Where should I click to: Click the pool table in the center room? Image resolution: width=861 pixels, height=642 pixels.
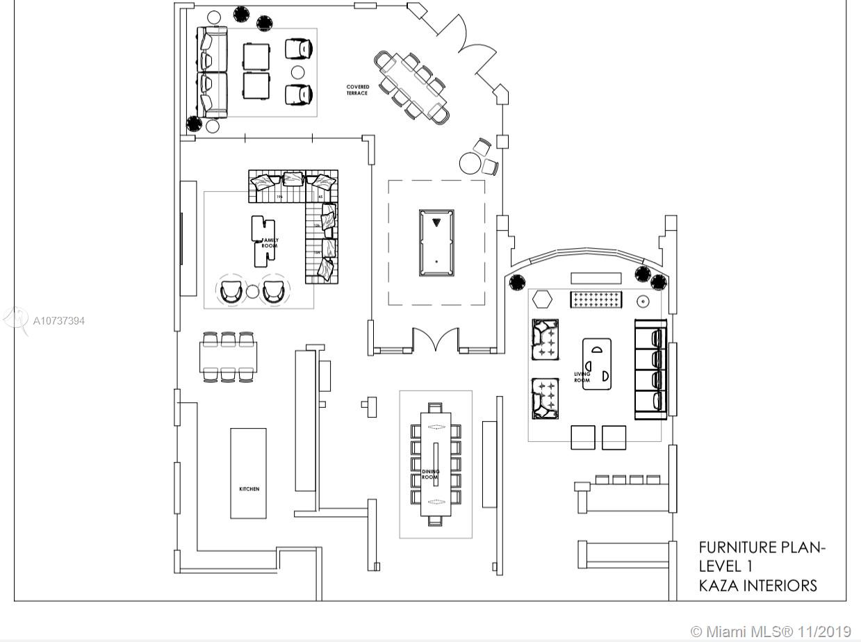pos(436,242)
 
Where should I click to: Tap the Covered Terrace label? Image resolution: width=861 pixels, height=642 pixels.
pos(358,90)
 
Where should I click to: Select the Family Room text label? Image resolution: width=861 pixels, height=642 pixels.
pos(270,242)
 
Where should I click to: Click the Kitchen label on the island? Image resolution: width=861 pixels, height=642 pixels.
pos(249,489)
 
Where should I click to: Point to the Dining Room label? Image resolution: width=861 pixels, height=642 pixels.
pos(431,475)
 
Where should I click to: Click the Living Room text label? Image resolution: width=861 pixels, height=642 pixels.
pos(582,377)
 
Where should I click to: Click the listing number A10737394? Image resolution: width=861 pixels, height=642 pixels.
pos(59,321)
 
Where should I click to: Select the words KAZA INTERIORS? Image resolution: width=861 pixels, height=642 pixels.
pos(757,586)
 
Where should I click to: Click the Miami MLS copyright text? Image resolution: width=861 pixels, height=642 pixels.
pos(771,632)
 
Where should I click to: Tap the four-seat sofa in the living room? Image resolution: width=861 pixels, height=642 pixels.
pos(651,369)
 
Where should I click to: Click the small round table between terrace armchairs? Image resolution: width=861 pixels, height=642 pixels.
pos(298,72)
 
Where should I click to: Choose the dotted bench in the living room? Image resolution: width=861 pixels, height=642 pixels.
pos(596,299)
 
